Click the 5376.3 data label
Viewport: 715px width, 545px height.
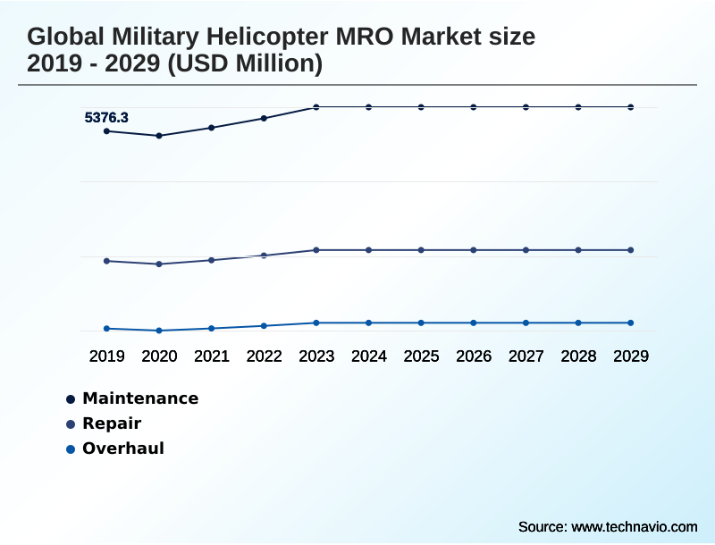pos(106,117)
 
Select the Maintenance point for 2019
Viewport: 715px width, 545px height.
pos(107,131)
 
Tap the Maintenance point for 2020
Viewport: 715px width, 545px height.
pos(159,136)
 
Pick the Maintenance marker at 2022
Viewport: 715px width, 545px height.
pos(264,118)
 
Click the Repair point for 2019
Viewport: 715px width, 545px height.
pos(107,261)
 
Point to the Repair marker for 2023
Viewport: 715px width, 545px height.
pos(316,250)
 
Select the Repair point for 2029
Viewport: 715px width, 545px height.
pos(631,250)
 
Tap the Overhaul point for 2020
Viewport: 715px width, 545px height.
pos(159,331)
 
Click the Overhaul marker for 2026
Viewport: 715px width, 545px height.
pos(474,323)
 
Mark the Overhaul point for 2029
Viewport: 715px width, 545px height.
pos(631,323)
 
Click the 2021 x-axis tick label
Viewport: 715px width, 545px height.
pos(212,356)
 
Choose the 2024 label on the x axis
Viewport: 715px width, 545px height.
pos(369,356)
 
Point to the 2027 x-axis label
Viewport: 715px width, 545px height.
pos(526,356)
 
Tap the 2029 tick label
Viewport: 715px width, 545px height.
pos(631,356)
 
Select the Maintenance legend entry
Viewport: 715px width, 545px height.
pos(139,398)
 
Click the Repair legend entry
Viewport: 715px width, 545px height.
pos(111,423)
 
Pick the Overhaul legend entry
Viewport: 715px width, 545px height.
pos(122,449)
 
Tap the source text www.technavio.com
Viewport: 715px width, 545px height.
pos(634,526)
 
